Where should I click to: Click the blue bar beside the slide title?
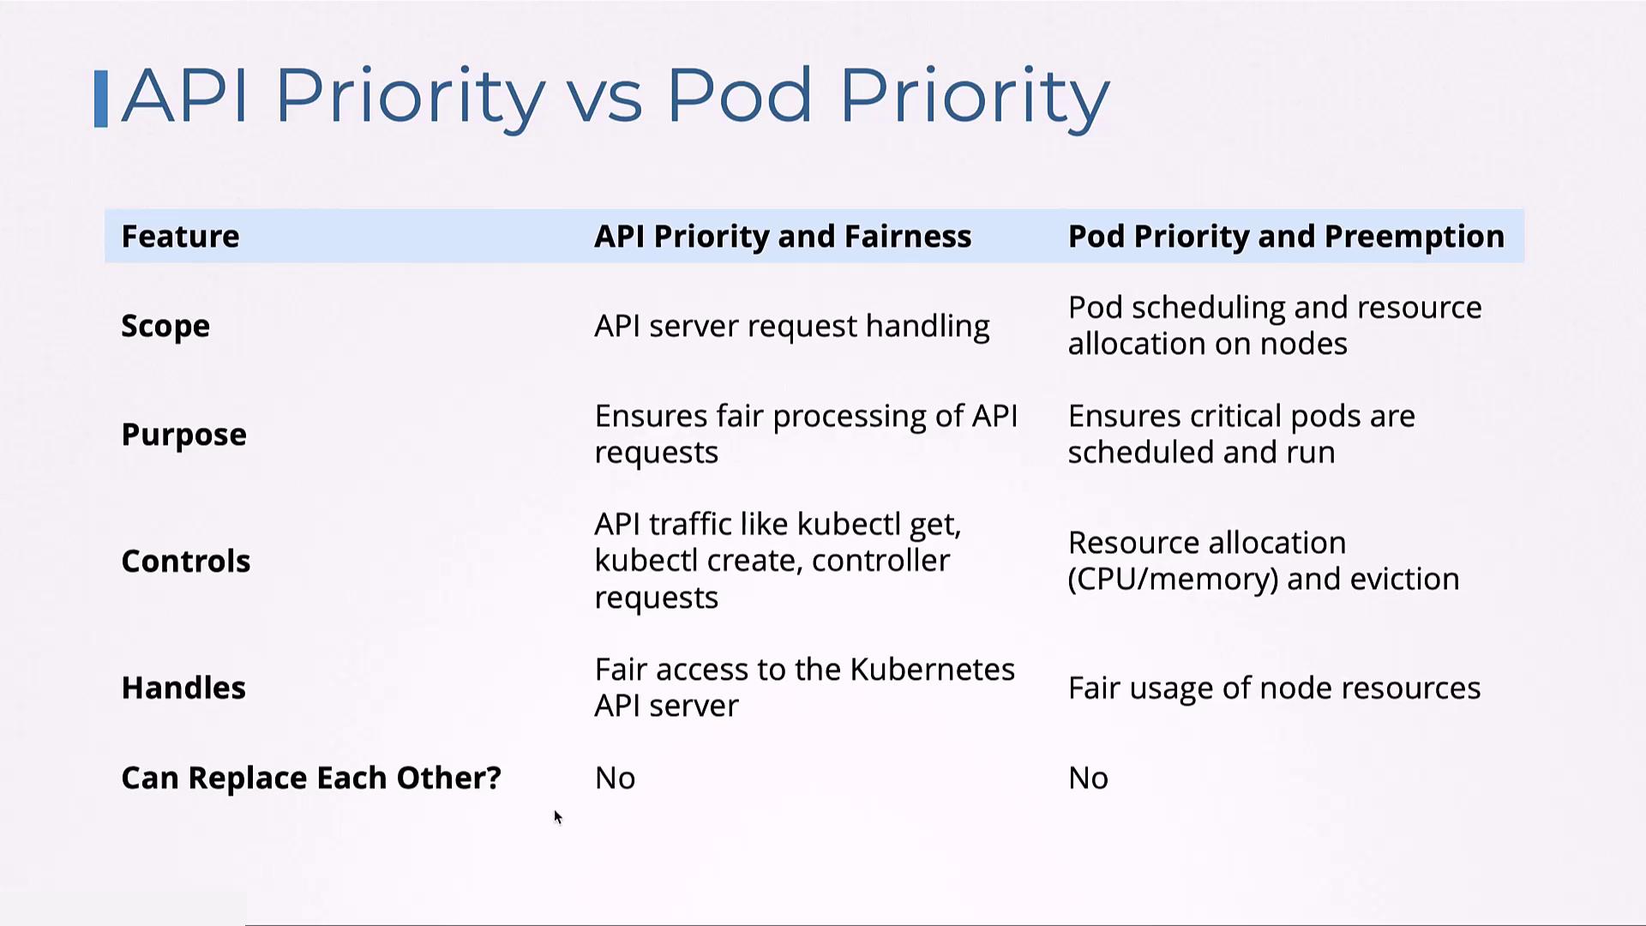click(x=101, y=99)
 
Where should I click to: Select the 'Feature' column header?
click(x=180, y=236)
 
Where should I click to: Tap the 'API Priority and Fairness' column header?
click(x=783, y=236)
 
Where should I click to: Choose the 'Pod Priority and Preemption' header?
click(x=1286, y=236)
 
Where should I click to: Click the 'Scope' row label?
click(x=165, y=326)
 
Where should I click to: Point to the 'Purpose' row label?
click(x=183, y=435)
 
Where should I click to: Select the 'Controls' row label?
click(x=186, y=561)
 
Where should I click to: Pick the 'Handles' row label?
click(x=183, y=688)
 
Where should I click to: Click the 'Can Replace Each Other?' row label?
click(x=311, y=778)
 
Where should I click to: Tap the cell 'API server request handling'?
click(x=792, y=326)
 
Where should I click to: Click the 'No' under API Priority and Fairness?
click(x=616, y=779)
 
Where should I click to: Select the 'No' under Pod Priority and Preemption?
click(x=1089, y=779)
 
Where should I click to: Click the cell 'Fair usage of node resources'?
click(x=1275, y=688)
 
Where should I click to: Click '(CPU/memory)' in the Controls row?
click(x=1173, y=580)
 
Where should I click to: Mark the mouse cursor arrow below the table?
click(x=558, y=817)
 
